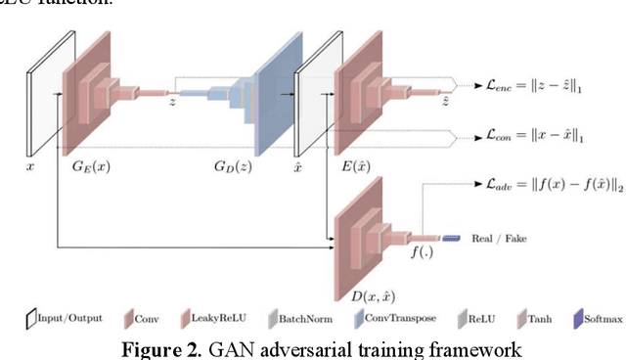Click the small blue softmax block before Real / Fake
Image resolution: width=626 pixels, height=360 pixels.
pyautogui.click(x=452, y=239)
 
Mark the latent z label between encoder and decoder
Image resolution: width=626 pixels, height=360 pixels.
pyautogui.click(x=173, y=102)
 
